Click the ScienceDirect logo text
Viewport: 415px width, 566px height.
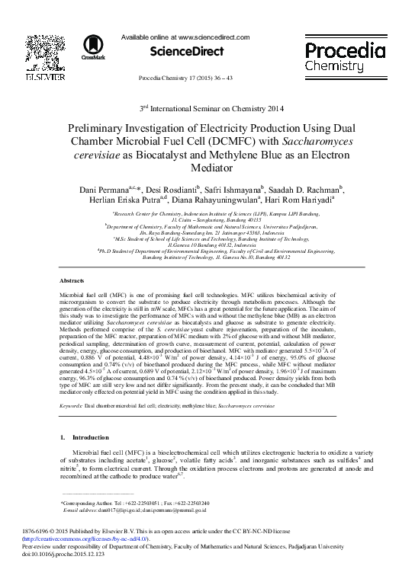(186, 52)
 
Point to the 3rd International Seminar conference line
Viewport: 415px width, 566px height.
(207, 110)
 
